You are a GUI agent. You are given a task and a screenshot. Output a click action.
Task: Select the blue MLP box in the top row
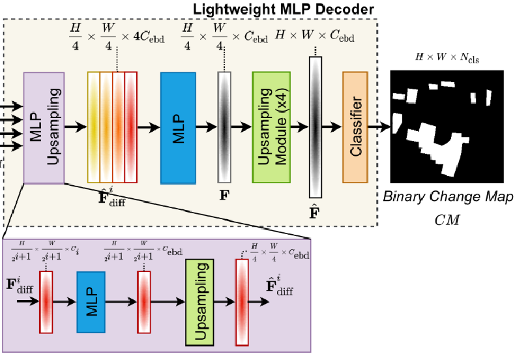coord(178,126)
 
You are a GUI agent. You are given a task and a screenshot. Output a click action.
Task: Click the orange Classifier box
coord(355,126)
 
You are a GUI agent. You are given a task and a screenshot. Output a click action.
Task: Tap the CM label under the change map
coord(447,220)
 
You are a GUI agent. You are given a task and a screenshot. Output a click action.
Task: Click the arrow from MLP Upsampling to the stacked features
coord(76,127)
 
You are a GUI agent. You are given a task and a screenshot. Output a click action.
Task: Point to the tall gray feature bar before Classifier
coord(316,126)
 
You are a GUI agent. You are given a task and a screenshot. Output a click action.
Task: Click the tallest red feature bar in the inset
coord(243,302)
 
